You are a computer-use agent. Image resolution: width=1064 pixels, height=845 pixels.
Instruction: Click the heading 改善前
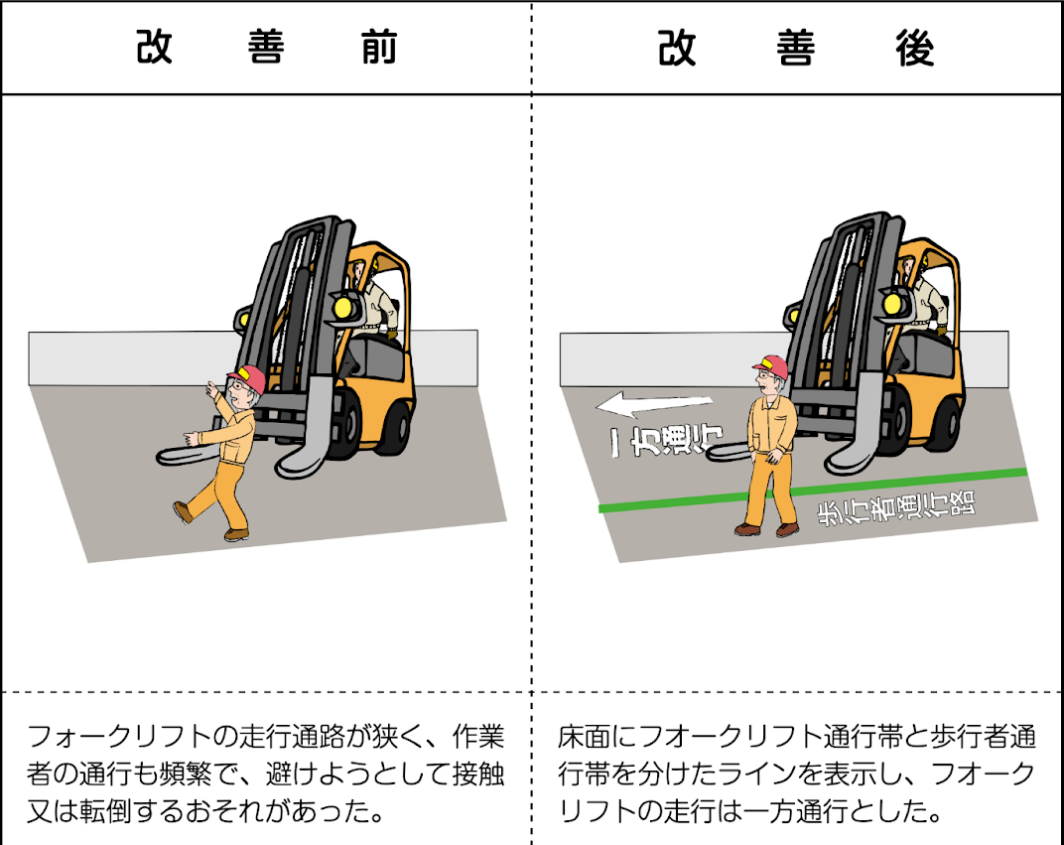pos(266,49)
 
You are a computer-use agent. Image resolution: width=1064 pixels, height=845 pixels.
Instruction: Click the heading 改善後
pos(796,49)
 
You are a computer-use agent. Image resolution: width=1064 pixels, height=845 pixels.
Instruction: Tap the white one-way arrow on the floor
pos(653,403)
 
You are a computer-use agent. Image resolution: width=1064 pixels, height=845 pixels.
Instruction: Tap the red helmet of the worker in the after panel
pos(771,366)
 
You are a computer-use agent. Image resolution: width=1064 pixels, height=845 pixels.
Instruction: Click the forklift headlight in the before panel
pos(345,307)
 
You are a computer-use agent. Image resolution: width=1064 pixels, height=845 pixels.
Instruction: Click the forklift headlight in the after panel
pos(889,302)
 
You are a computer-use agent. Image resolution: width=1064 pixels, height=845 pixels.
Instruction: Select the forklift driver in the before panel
pos(375,298)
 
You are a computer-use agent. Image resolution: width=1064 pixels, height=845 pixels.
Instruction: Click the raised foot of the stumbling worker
pos(183,511)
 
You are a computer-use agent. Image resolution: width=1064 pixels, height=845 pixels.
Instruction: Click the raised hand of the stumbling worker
pos(210,389)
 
